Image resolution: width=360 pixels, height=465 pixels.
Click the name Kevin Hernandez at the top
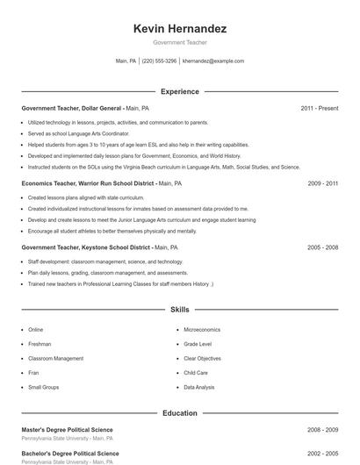coord(179,29)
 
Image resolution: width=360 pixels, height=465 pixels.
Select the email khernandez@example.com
coord(213,61)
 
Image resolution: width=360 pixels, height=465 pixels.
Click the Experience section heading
coord(179,91)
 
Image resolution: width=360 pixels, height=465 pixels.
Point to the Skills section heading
coord(179,310)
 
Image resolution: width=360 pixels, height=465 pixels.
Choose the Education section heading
coord(179,412)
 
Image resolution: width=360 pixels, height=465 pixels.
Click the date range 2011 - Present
coord(319,108)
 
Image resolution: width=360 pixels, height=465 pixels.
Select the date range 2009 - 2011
coord(322,183)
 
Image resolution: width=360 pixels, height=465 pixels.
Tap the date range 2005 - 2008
coord(322,247)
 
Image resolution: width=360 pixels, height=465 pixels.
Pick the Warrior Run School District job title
coord(101,183)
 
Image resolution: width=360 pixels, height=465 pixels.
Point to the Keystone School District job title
coord(99,247)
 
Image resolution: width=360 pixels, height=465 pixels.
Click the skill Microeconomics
coord(202,329)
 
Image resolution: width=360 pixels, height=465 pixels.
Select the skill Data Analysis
coord(198,386)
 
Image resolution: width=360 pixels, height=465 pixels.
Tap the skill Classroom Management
coord(56,358)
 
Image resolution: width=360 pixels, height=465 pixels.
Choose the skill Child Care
coord(196,372)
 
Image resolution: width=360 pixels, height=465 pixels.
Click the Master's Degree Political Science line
coord(68,429)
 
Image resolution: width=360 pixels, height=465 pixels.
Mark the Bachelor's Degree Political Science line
coord(69,453)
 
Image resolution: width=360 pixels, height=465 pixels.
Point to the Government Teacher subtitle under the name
coord(179,42)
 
